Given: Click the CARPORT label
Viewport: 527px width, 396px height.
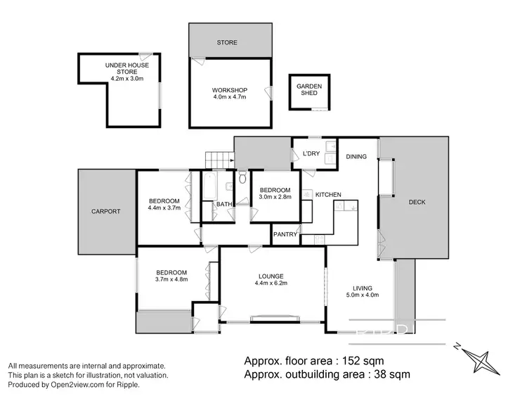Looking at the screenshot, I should (x=105, y=211).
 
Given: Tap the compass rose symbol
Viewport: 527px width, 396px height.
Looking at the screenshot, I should (x=483, y=359).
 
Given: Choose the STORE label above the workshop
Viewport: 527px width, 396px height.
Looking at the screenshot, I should (x=226, y=43).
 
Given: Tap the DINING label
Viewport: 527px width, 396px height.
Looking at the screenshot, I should (x=356, y=156).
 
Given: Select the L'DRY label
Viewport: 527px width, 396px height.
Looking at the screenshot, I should (x=311, y=153).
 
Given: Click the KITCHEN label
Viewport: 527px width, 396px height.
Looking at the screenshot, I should (x=328, y=194).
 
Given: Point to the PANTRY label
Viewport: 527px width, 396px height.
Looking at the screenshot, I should (x=285, y=234).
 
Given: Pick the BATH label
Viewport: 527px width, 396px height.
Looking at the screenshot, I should (x=224, y=205).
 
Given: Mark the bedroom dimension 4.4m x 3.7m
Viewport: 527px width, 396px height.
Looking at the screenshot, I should (x=164, y=207).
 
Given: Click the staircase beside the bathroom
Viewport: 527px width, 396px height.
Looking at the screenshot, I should (x=218, y=160).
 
